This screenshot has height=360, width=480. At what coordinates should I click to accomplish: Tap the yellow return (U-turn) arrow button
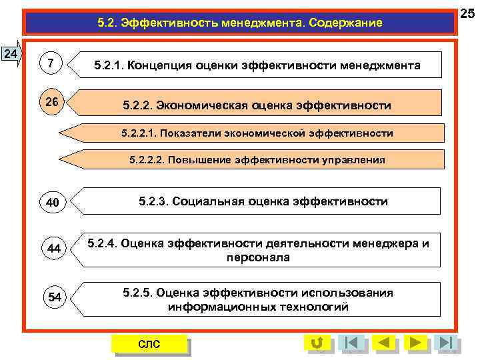317,343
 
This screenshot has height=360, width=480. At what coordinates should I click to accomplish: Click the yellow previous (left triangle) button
384,343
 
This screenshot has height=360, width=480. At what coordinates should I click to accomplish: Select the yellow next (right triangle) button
416,343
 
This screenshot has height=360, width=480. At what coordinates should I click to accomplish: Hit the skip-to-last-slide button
445,343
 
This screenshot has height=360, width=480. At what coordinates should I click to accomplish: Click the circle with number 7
52,63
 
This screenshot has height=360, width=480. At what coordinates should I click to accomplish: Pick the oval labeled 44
54,249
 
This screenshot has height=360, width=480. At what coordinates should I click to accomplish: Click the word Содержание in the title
343,23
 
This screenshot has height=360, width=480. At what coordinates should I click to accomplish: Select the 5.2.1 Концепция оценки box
257,65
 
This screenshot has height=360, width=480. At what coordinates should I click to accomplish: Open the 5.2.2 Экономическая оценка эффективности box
257,105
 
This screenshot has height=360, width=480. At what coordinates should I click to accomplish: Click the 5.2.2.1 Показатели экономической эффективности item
257,133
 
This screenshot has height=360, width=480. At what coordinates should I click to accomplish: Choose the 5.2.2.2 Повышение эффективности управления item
257,160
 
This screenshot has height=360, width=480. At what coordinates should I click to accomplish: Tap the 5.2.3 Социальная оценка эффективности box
263,201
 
